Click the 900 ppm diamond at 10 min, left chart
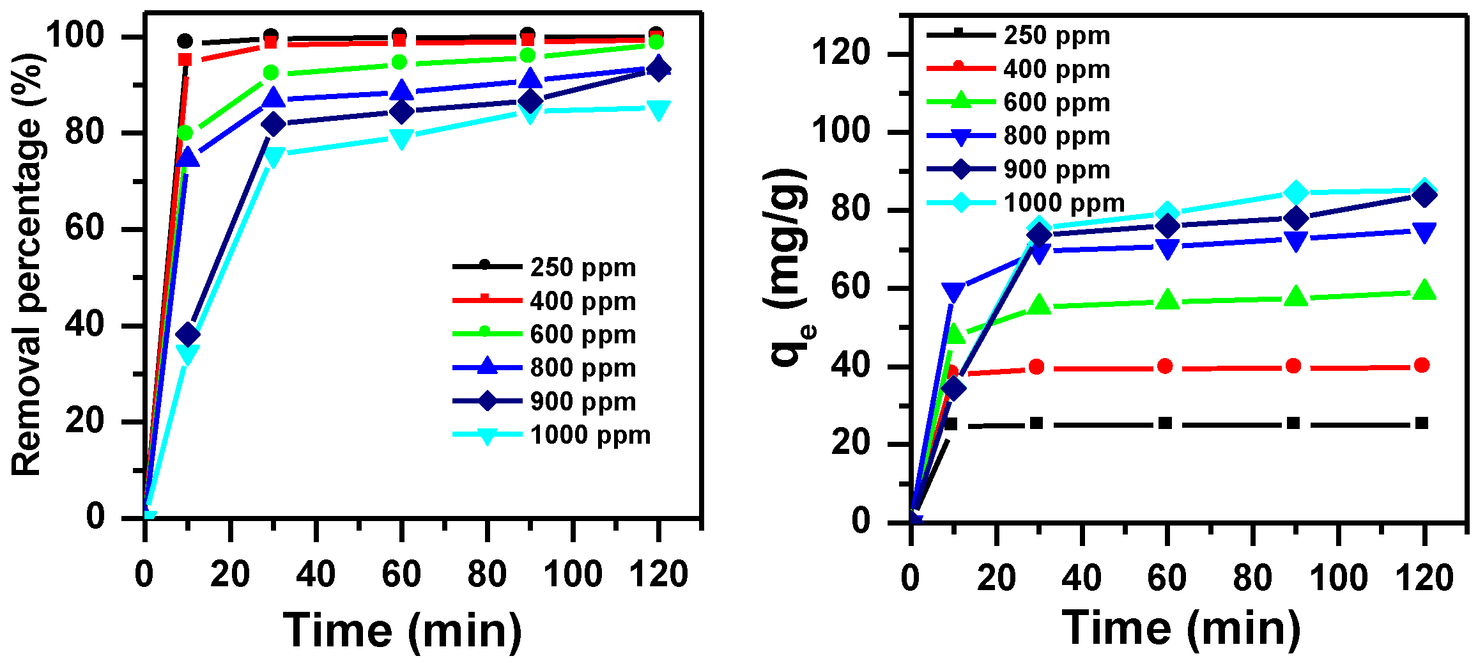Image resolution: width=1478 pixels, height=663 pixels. click(188, 334)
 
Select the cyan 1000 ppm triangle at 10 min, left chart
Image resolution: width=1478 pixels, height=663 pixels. click(188, 354)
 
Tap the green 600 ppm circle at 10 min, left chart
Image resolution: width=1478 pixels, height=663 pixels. click(185, 133)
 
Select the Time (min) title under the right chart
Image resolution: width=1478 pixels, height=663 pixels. click(1181, 628)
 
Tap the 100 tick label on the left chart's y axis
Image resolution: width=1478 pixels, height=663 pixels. click(75, 35)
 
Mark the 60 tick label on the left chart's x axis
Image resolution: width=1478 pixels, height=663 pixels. click(401, 574)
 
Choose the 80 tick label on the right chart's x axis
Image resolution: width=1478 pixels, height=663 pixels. click(1252, 578)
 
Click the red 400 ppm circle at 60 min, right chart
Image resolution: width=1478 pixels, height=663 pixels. click(1165, 366)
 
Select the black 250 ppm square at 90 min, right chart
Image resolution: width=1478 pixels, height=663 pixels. click(1293, 423)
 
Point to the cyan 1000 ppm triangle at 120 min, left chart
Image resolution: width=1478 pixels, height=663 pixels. click(658, 110)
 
